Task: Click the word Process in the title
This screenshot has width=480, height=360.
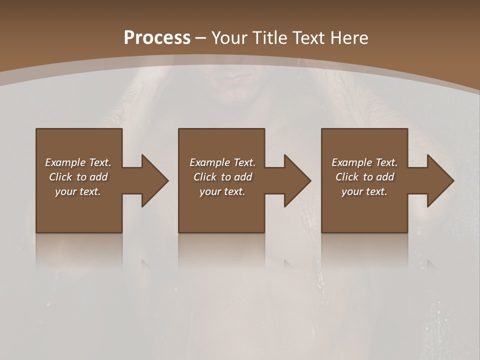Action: click(157, 38)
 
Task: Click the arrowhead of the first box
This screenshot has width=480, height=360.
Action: click(155, 180)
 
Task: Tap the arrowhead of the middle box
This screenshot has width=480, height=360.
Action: click(297, 180)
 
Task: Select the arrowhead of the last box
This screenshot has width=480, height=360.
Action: click(440, 180)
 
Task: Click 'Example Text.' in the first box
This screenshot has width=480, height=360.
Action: click(78, 162)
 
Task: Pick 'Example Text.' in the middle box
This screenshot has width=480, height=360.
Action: click(222, 162)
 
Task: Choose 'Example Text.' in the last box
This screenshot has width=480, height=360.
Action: click(364, 162)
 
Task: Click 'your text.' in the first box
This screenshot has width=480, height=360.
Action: click(78, 191)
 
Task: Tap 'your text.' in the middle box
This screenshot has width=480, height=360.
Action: click(222, 191)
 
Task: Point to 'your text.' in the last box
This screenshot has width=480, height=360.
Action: click(364, 191)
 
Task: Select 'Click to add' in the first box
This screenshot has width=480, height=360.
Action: click(78, 177)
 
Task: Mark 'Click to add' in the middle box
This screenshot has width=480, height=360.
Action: click(222, 177)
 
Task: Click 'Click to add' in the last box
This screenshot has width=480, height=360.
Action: click(364, 177)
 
